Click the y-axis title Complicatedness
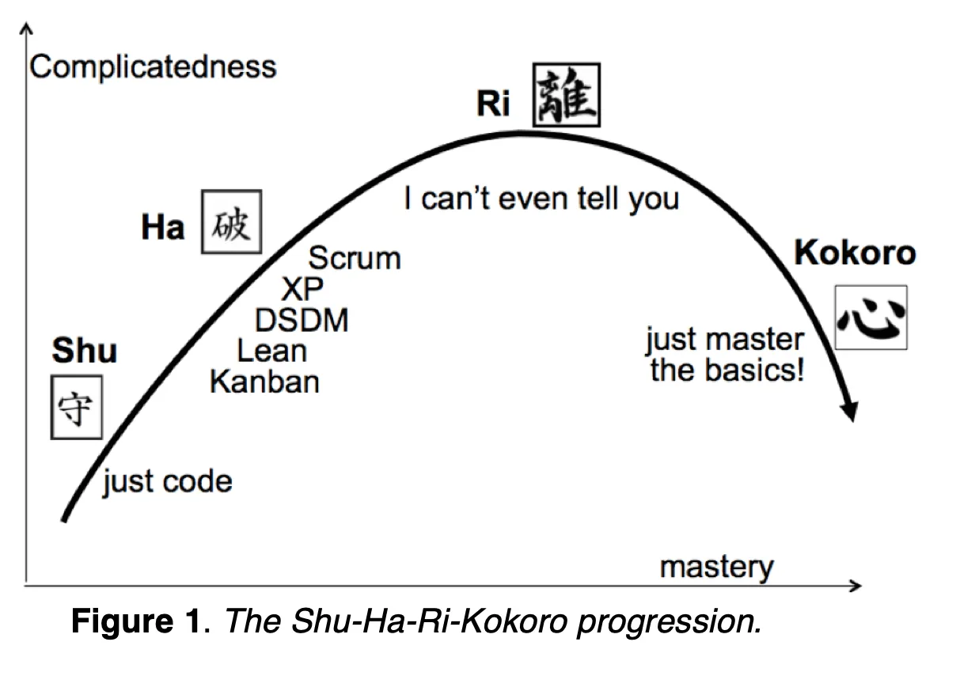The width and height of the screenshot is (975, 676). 153,66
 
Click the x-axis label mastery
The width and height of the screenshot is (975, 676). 716,567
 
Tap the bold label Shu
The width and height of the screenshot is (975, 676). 85,351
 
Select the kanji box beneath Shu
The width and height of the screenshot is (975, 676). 77,407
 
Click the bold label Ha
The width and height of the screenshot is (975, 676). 162,228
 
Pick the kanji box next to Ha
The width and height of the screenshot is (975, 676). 231,222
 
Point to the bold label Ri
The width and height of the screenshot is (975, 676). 493,104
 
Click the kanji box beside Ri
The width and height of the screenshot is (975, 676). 566,95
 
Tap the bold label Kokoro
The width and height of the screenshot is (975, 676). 855,253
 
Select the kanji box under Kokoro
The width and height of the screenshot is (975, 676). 871,317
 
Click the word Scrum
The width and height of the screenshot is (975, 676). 355,258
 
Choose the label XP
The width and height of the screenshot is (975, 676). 302,289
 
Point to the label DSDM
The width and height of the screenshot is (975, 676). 302,321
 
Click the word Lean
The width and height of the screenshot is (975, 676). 271,351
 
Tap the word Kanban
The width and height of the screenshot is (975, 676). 264,382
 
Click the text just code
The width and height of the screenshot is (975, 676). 167,481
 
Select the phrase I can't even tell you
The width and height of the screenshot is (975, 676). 541,198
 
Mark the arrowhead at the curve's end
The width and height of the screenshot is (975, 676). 849,411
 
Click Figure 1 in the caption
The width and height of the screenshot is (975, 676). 135,622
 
